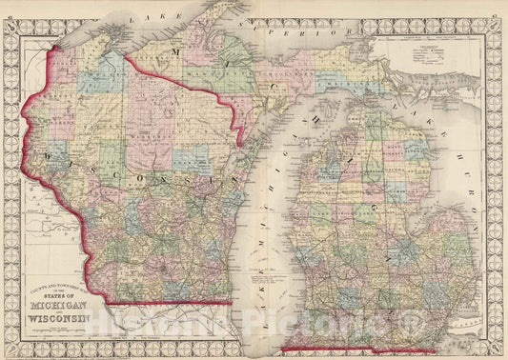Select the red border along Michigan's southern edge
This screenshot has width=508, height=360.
pyautogui.click(x=381, y=348)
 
